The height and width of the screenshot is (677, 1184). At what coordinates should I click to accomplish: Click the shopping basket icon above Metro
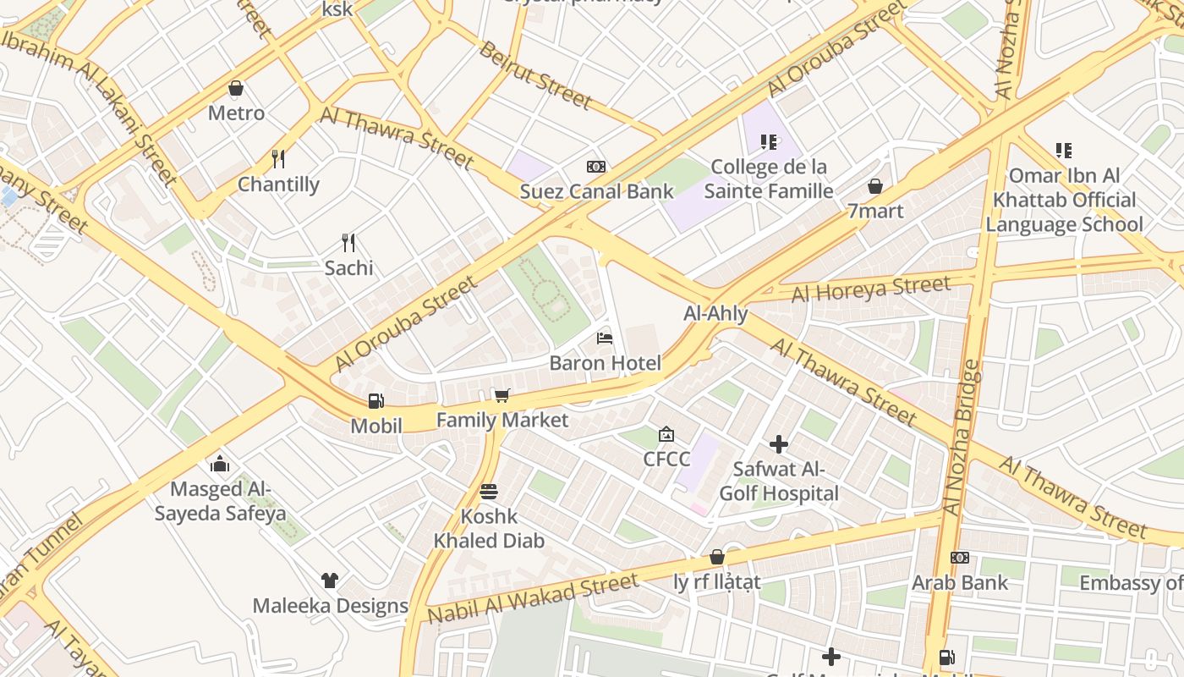(x=236, y=88)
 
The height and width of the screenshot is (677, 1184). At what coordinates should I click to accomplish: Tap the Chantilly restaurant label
(x=278, y=184)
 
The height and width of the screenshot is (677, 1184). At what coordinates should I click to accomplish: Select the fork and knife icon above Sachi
(x=348, y=243)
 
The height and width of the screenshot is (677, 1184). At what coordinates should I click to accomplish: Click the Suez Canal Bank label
(x=596, y=191)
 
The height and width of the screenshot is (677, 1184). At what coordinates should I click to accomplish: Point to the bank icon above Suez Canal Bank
(x=596, y=167)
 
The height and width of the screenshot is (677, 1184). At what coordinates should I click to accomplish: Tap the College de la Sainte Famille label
(x=769, y=179)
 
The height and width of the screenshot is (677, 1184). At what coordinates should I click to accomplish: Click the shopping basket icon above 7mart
(x=875, y=186)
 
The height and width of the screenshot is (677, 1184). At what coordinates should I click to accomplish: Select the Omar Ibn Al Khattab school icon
(x=1063, y=151)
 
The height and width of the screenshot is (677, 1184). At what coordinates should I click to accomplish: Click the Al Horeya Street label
(x=871, y=289)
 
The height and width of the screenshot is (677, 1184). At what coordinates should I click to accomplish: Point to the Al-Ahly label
(x=715, y=314)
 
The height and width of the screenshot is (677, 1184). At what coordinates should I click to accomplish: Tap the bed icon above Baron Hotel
(x=605, y=338)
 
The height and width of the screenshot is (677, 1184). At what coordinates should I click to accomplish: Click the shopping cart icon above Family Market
(x=502, y=395)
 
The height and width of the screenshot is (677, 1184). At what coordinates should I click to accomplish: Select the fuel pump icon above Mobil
(x=375, y=401)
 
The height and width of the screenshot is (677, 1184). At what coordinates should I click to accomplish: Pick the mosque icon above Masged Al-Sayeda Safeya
(x=220, y=464)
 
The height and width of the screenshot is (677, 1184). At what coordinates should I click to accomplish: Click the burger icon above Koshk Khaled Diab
(x=488, y=491)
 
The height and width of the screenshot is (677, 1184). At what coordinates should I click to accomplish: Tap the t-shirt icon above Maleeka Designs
(x=330, y=581)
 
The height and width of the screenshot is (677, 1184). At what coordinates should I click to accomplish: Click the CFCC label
(x=666, y=459)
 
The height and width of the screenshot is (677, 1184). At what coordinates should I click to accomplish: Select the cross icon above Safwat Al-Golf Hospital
(x=778, y=444)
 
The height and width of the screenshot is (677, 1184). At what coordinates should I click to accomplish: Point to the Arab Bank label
(x=959, y=582)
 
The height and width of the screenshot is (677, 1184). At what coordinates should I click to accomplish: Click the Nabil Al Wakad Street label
(x=533, y=597)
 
